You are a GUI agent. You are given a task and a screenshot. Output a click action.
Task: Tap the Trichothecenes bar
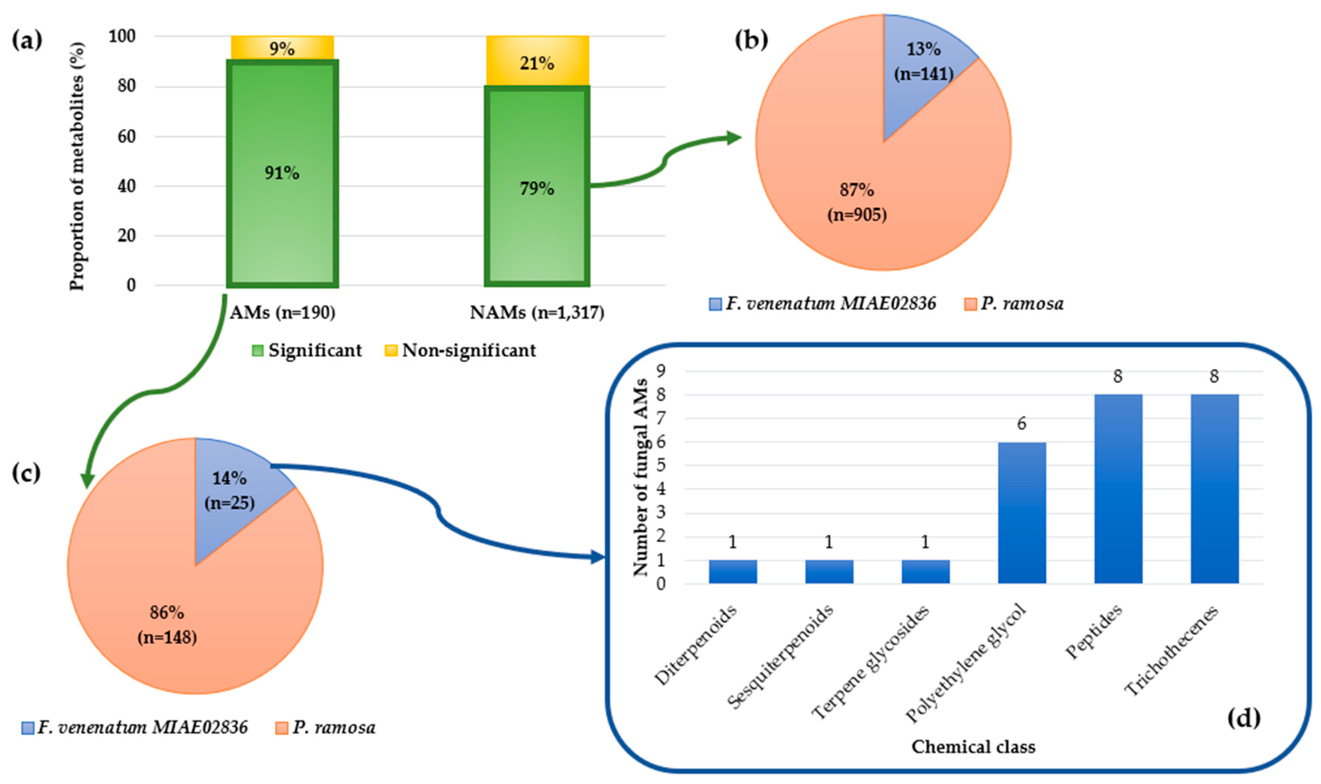point(1214,489)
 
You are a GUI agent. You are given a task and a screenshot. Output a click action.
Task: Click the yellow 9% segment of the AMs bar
point(282,48)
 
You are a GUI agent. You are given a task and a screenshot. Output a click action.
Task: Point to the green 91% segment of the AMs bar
point(282,173)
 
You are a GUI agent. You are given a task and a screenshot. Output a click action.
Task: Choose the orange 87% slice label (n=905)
point(856,202)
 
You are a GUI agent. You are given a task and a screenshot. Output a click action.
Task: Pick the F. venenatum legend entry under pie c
point(135,727)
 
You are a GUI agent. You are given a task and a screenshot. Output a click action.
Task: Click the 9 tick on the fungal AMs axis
point(660,370)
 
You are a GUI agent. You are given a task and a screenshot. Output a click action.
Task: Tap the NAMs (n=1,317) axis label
point(537,313)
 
